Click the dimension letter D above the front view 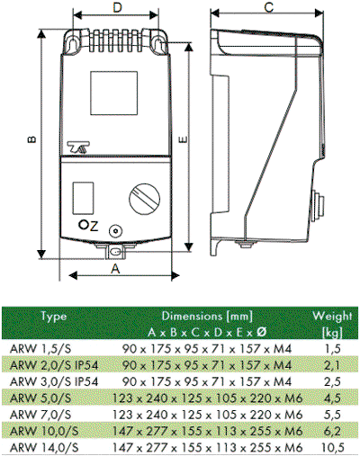tap(118, 7)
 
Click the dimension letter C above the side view tap(269, 7)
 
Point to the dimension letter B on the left tap(31, 139)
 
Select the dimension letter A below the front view tap(115, 269)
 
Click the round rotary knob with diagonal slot tap(145, 199)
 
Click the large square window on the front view tap(114, 93)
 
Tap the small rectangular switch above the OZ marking tap(83, 198)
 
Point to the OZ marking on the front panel tap(88, 226)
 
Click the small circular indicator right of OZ tap(115, 231)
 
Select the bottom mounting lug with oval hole tap(115, 252)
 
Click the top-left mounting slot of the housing tap(72, 44)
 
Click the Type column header tap(54, 317)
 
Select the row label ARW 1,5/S tap(40, 349)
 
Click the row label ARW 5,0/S tap(40, 398)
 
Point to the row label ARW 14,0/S tap(44, 448)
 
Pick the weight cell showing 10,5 tap(332, 448)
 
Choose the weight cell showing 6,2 tap(332, 432)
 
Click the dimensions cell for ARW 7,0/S tap(207, 415)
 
